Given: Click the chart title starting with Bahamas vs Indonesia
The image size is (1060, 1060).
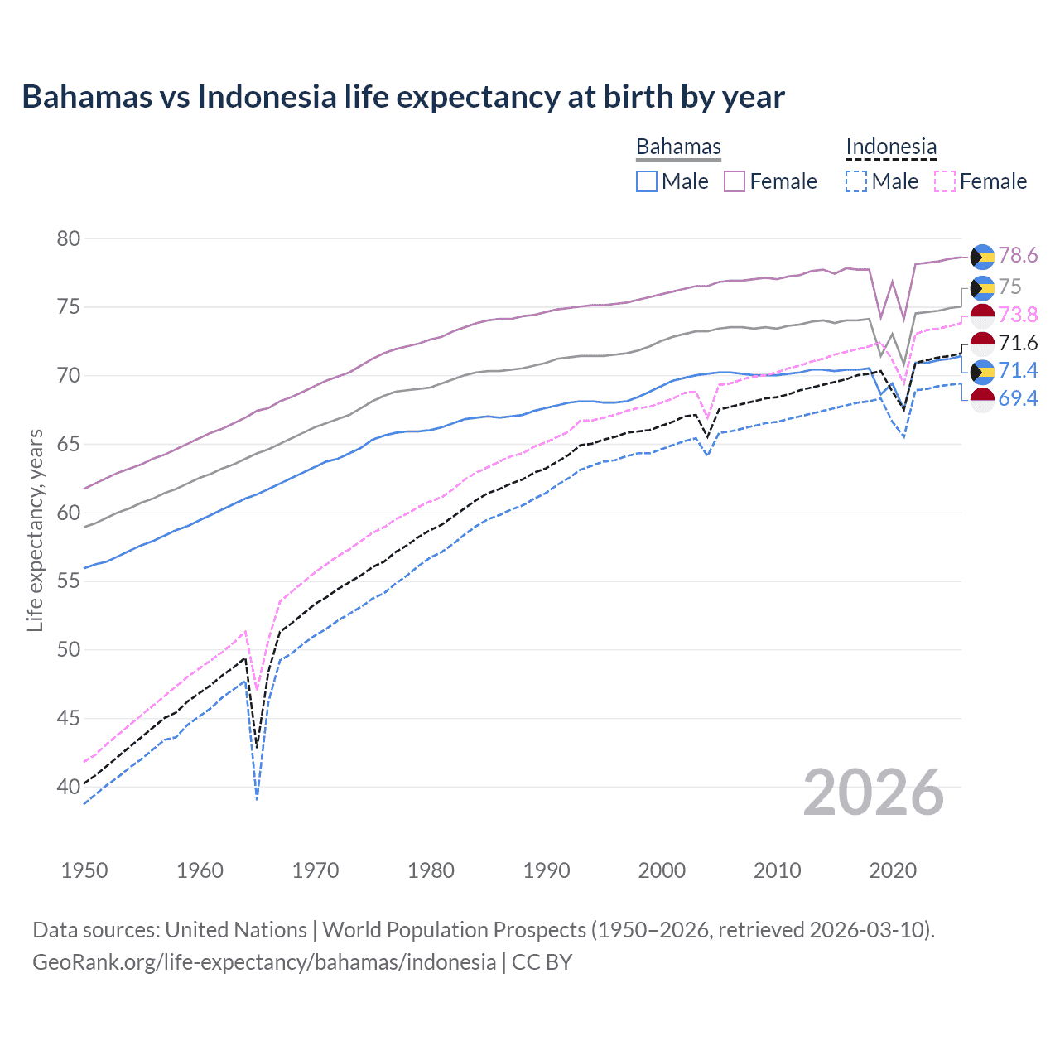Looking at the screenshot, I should pos(402,97).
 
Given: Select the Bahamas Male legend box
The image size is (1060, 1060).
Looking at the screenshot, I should pos(647,181).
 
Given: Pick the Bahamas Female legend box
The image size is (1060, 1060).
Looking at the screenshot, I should pos(735,181).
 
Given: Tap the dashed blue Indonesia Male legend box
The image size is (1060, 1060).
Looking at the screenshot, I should pos(856,181).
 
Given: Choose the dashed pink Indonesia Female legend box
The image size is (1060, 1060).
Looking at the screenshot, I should pos(945,181).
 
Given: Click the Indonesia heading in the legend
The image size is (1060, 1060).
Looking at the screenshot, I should pos(891,147).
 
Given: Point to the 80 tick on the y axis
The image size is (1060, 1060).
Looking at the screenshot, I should pos(69,239).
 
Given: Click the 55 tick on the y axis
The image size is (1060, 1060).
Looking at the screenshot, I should pos(69,581).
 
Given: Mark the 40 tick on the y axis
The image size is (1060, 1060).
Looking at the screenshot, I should pos(69,787).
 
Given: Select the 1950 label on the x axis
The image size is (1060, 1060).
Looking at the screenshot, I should pos(84,870).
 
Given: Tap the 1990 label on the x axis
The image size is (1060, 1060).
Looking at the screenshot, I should pos(547,870).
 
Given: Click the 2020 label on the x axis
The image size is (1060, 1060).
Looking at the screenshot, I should pos(893,870).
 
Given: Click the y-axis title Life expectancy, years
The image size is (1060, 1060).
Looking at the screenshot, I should pos(35,530).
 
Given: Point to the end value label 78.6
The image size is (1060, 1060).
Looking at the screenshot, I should pos(1018,256).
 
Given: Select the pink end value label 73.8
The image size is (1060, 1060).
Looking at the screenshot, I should pos(1018,315).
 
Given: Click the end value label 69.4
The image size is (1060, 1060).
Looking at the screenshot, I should pos(1018,399).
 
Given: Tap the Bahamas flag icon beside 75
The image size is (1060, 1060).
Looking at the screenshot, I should pos(982,287).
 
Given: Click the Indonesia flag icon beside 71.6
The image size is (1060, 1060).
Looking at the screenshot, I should pos(982,343).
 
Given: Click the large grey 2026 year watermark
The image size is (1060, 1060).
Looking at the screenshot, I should pos(873,793).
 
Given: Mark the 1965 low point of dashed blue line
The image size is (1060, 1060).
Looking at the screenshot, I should pos(258,798).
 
